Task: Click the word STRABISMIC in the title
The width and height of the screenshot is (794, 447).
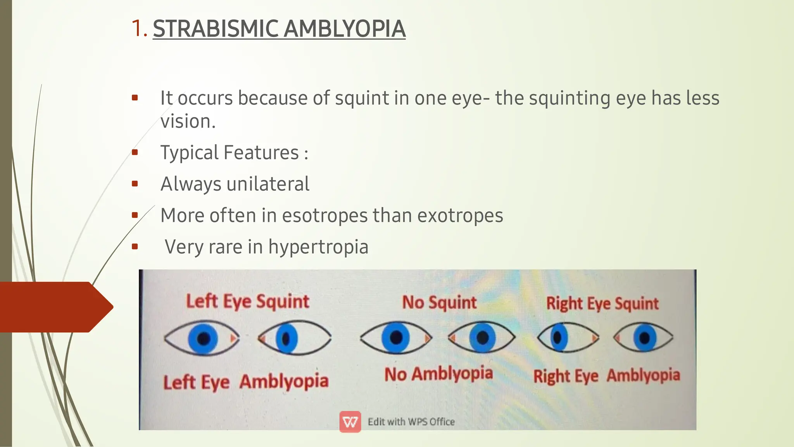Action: pos(216,29)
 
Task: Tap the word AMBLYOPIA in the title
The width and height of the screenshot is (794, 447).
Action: pos(345,29)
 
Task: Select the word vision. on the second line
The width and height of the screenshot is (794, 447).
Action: pos(188,121)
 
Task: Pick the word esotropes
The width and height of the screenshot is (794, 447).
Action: pos(325,215)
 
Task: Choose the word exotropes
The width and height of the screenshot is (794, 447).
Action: pos(460,215)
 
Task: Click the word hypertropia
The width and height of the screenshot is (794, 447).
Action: pos(318,247)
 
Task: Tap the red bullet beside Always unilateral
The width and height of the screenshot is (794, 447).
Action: pos(135,184)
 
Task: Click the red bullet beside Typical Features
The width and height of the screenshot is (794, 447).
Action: pos(135,152)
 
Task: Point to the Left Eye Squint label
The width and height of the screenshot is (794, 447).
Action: pos(248,302)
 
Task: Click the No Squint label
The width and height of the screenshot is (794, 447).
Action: pos(439,302)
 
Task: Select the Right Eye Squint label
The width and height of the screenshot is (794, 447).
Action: pos(602,304)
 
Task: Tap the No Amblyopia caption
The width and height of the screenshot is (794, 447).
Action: pos(438,374)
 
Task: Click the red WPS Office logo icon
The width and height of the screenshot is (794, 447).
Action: pos(350,422)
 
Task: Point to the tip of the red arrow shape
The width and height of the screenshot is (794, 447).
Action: pos(112,307)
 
